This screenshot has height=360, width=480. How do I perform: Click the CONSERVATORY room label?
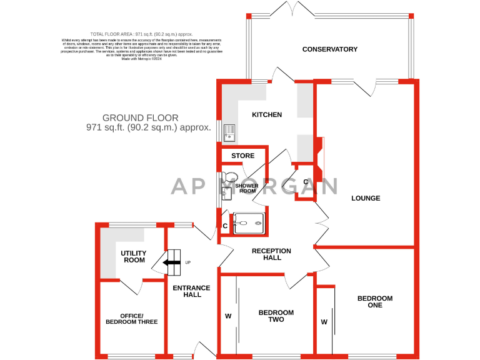pos(329,49)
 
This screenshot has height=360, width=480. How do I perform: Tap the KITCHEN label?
pos(267,115)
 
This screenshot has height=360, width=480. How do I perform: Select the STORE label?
pos(243,156)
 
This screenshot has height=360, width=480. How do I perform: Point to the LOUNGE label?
pos(366,199)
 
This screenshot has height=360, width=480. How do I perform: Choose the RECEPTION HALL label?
pos(271,254)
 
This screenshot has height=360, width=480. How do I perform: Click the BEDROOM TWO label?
pos(276,316)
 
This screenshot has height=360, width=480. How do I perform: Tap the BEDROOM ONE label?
pos(375,302)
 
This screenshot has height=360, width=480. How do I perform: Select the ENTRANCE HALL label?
pos(191,291)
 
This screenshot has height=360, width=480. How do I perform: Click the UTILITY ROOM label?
pos(133,257)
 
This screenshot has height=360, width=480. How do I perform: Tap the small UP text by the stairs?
pos(187,262)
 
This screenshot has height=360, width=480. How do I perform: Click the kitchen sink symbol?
pos(229,131)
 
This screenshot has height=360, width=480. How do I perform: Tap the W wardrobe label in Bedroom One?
pos(324,322)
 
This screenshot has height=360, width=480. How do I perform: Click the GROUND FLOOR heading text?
pos(141,117)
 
